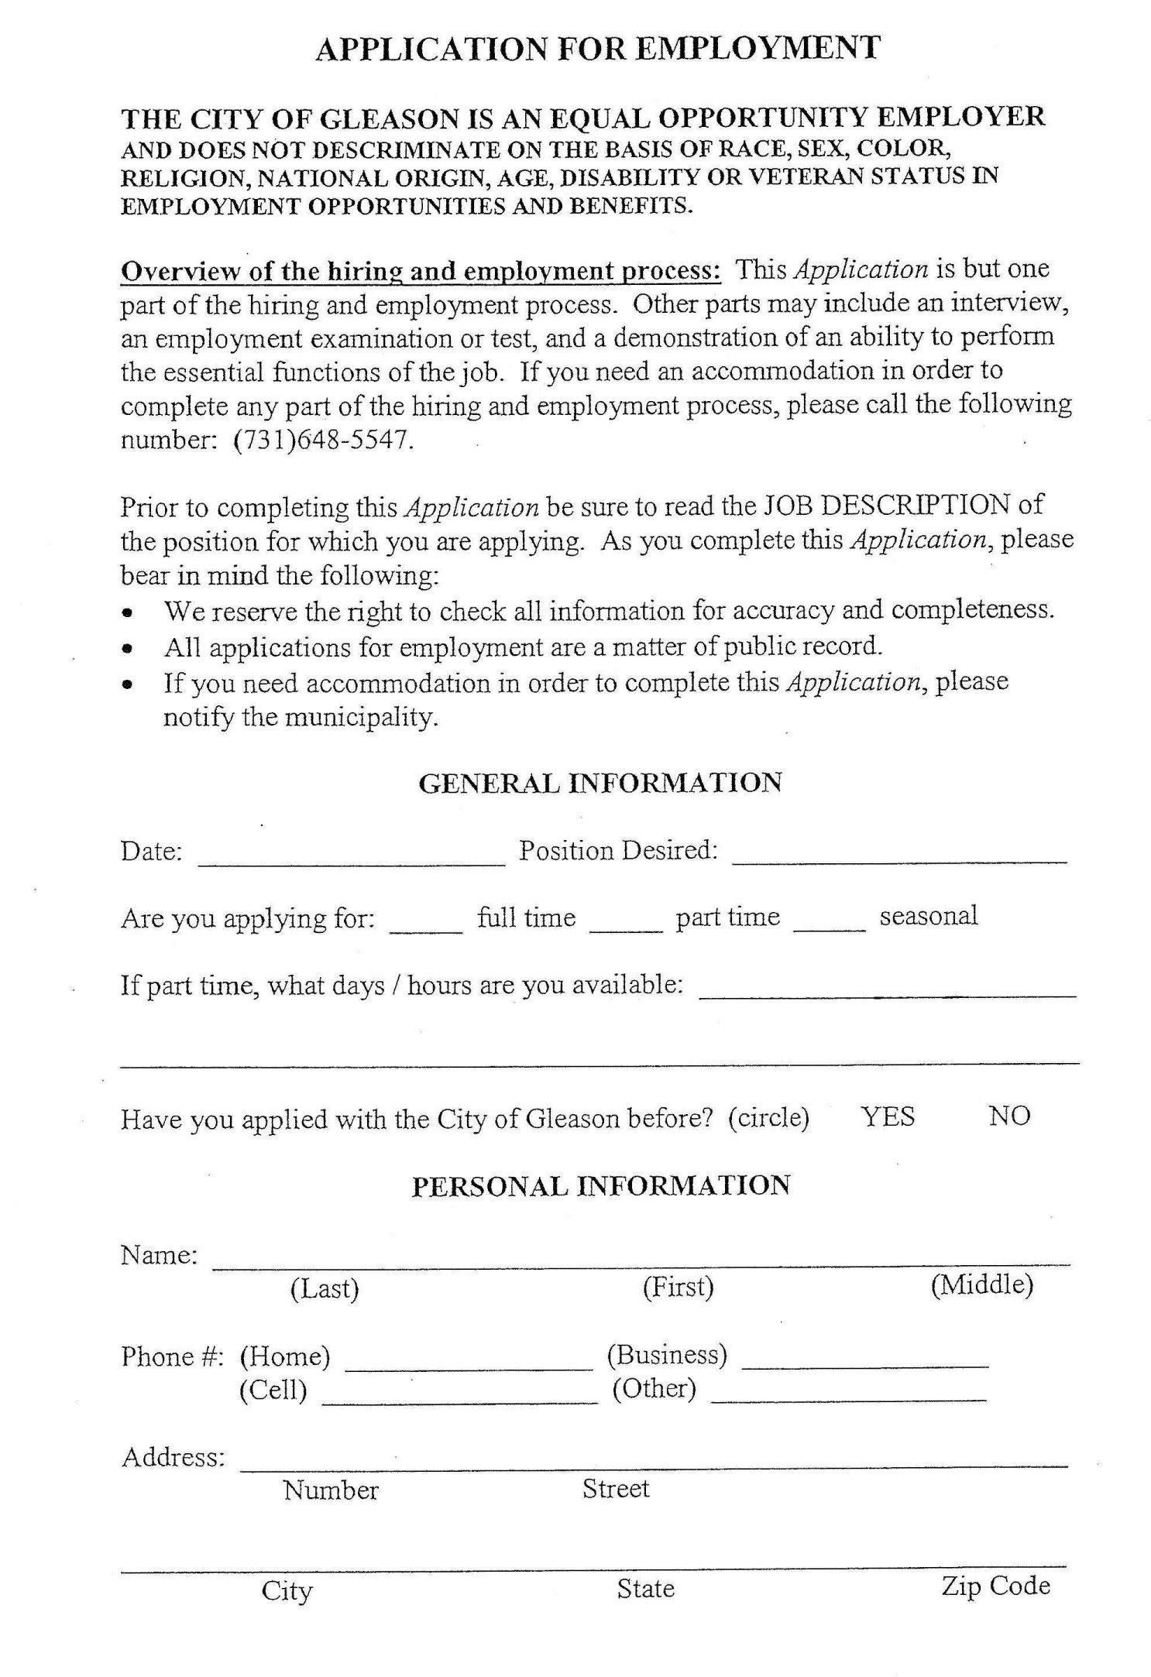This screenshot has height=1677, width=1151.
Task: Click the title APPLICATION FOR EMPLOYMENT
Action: pos(598,48)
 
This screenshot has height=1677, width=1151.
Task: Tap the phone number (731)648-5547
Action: pos(318,440)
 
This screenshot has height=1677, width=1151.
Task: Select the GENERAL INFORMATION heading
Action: pos(600,783)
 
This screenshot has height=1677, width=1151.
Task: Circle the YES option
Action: pos(888,1116)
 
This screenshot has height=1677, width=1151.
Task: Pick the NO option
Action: pos(1009,1116)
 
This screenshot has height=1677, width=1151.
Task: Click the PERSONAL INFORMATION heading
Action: pos(600,1186)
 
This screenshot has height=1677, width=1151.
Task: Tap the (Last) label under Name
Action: pos(325,1288)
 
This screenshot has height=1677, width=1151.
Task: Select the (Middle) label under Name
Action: pos(981,1285)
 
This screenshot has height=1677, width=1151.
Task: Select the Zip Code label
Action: pos(995,1586)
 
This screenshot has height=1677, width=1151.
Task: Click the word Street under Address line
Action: pos(616,1488)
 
